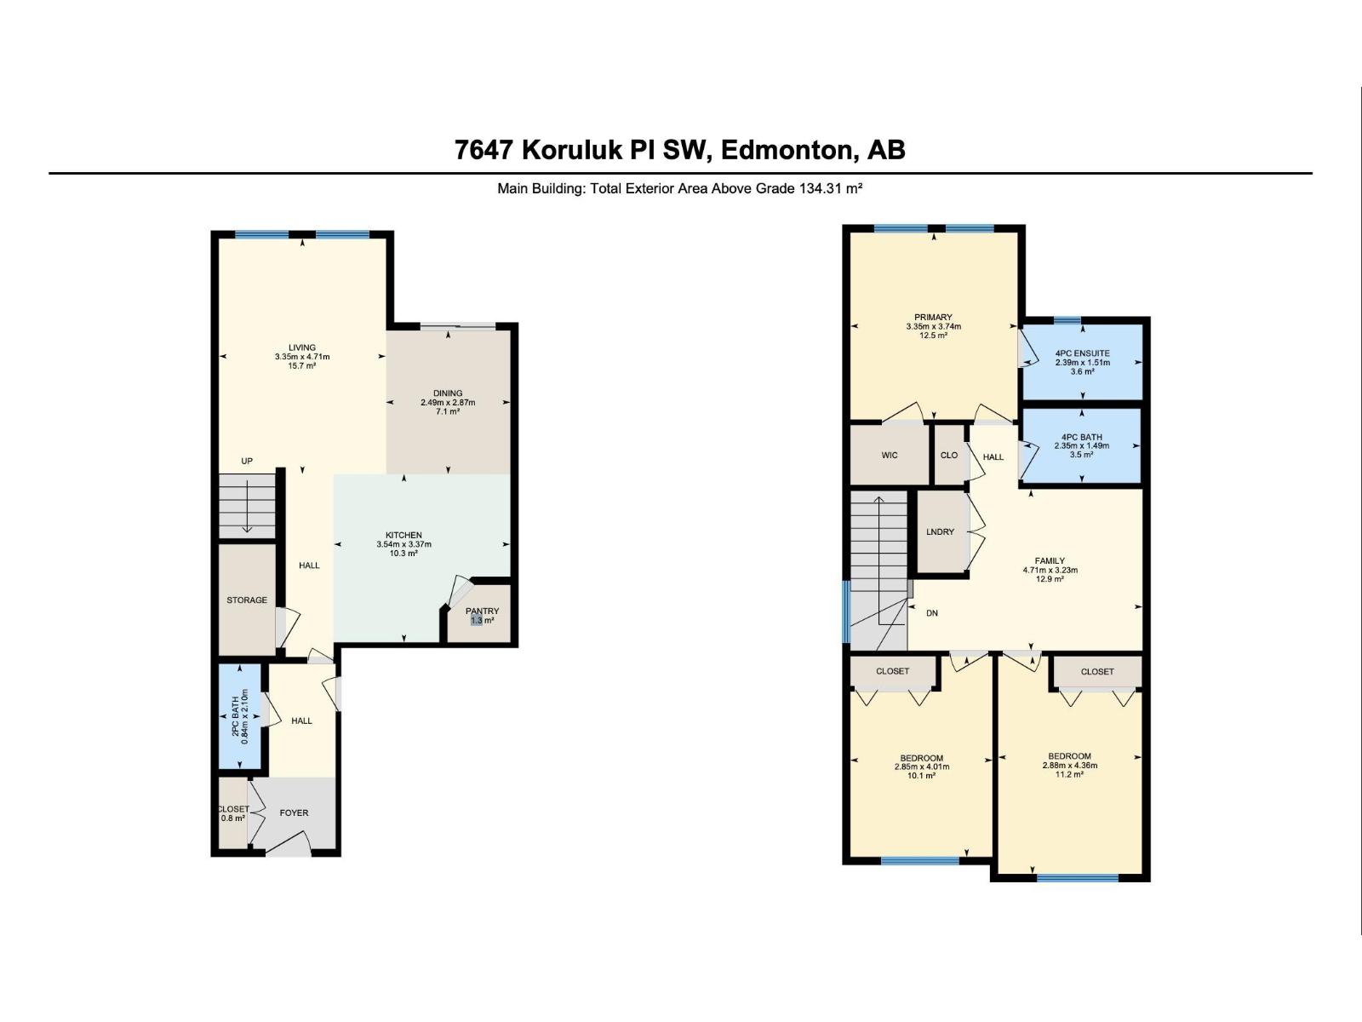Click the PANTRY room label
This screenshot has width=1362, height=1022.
click(x=482, y=611)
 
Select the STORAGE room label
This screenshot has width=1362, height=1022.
click(x=247, y=600)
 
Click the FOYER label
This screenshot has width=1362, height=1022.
click(x=295, y=812)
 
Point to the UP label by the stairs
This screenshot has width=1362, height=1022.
click(x=247, y=462)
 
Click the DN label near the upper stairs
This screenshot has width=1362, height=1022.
click(x=932, y=613)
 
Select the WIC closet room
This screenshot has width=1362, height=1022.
click(x=890, y=456)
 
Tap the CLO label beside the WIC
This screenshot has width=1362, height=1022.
click(x=949, y=456)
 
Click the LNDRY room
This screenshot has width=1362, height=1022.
click(x=941, y=532)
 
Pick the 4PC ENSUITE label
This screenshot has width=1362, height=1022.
click(x=1082, y=353)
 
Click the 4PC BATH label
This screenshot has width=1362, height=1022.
click(x=1082, y=437)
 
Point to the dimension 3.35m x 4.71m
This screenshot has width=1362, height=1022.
click(x=302, y=357)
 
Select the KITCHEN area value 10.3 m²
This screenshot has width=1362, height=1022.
click(x=403, y=554)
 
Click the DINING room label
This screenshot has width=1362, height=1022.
click(x=448, y=393)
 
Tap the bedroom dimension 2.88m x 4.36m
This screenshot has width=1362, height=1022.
click(x=1069, y=766)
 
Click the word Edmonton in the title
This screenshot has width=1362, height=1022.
click(x=788, y=150)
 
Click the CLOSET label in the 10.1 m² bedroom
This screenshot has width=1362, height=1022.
click(x=892, y=671)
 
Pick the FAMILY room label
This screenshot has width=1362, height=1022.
click(x=1050, y=561)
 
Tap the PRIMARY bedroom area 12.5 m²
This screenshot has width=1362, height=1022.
click(x=933, y=336)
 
